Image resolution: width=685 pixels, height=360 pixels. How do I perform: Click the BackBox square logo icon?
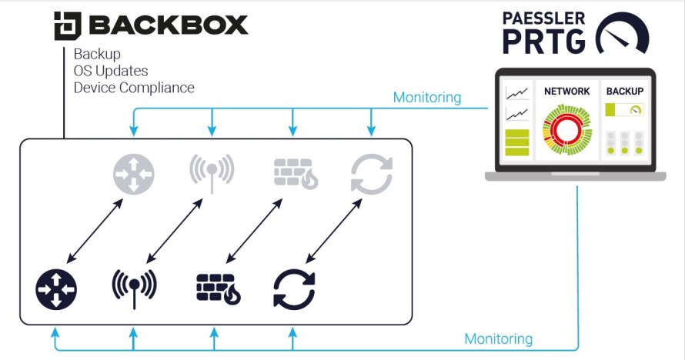(x=67, y=25)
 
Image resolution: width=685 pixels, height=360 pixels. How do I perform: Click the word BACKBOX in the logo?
(x=169, y=25)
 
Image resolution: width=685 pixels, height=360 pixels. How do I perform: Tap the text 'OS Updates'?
(x=111, y=71)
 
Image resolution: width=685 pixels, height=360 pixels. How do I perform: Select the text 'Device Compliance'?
(x=134, y=88)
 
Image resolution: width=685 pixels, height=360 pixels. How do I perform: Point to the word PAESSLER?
(x=543, y=18)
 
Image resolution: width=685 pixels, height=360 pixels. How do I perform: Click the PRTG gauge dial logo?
(x=622, y=34)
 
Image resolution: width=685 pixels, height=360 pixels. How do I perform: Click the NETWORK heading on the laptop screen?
(x=566, y=92)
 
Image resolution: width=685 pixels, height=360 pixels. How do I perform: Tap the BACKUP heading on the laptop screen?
(x=625, y=92)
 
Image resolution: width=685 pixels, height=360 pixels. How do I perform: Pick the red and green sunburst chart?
(x=566, y=129)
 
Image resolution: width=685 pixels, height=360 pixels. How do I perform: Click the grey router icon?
(x=134, y=175)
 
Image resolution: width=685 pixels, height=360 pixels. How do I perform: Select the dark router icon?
(x=56, y=290)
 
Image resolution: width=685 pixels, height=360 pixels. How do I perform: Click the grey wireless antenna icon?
(x=212, y=172)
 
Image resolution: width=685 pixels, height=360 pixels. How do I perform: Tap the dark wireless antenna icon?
(x=134, y=288)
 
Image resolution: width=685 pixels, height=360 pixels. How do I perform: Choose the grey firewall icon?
(x=296, y=173)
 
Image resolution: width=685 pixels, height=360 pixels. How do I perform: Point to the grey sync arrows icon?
(x=372, y=174)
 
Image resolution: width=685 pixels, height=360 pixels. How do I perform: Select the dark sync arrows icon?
(x=294, y=290)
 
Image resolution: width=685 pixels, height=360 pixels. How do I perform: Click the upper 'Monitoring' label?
(x=427, y=98)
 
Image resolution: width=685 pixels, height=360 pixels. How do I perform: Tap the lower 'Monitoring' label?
(x=499, y=339)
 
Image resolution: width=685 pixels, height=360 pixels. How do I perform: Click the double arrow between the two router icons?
(x=95, y=231)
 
